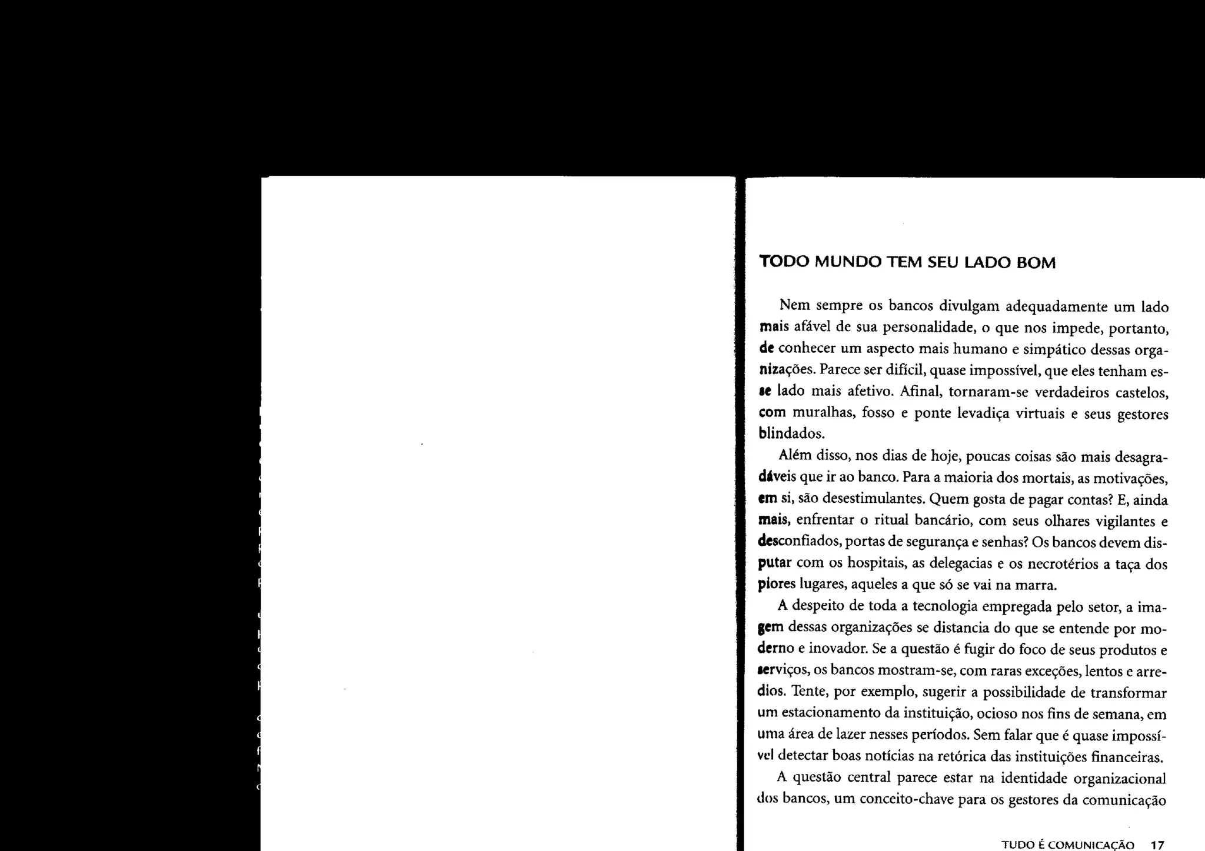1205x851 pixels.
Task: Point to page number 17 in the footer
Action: click(1157, 846)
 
